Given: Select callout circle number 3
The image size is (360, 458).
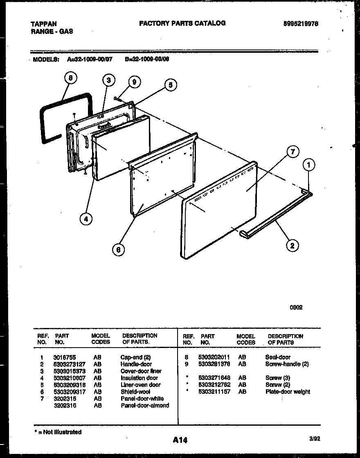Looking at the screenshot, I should tap(108, 80).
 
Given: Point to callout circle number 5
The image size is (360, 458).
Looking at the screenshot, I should tap(171, 85).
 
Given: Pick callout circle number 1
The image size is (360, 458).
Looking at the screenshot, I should tap(310, 166).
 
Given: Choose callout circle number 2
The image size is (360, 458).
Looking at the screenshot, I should tap(292, 245).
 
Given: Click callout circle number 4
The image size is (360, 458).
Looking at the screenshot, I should tap(85, 219).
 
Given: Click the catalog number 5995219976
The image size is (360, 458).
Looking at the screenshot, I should tap(300, 24).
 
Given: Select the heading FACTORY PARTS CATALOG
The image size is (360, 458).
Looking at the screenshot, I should tap(182, 23).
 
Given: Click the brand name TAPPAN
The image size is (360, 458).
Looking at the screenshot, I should tap(44, 24).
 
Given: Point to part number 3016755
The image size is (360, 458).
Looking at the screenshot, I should tap(64, 357).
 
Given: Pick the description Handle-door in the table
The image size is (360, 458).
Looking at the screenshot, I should tap(136, 364).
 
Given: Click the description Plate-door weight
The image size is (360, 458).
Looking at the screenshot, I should tap(288, 392).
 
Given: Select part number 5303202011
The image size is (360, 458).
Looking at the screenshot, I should tap(214, 357).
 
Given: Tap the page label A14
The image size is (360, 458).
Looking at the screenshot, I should tap(180, 440).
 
